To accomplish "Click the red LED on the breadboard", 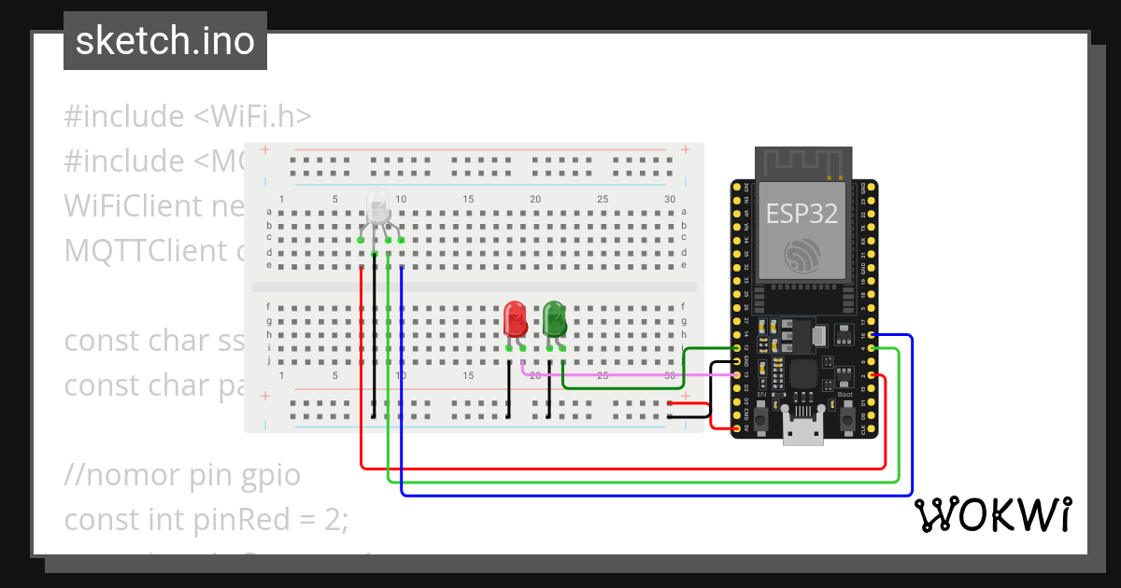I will (515, 319).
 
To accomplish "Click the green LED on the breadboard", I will (554, 319).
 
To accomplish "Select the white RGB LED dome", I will (377, 206).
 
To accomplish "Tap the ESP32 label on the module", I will (802, 213).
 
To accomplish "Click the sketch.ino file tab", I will (165, 41).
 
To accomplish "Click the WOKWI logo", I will (992, 514).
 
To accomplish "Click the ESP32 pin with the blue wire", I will (871, 335).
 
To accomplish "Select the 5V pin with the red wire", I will (737, 428).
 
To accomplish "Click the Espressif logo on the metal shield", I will (802, 255).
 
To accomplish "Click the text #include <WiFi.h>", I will (187, 117).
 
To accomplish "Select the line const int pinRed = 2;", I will (206, 519).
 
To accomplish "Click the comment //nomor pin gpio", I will (182, 475).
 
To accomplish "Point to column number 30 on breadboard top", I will (670, 199).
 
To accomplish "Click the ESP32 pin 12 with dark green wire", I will (737, 348).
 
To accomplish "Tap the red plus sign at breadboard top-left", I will (265, 149).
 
